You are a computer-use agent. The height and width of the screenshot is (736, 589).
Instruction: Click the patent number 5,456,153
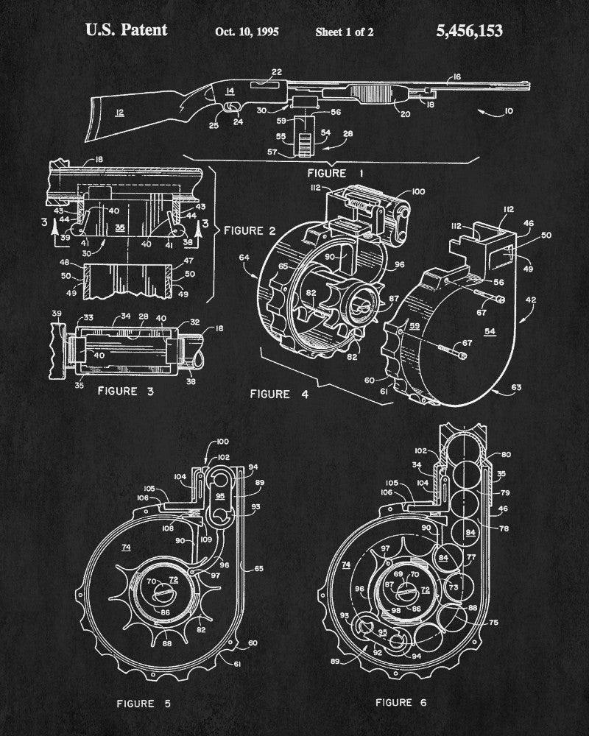pyautogui.click(x=469, y=30)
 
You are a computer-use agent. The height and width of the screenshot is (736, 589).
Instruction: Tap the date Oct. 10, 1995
pyautogui.click(x=247, y=32)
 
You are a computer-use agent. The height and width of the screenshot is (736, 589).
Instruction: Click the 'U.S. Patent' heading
pyautogui.click(x=126, y=30)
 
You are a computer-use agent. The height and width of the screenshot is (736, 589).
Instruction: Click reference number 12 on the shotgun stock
pyautogui.click(x=119, y=113)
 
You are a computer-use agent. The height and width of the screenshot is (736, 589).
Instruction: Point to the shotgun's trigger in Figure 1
pyautogui.click(x=234, y=108)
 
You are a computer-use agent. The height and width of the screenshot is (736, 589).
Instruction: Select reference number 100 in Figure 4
pyautogui.click(x=418, y=191)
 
